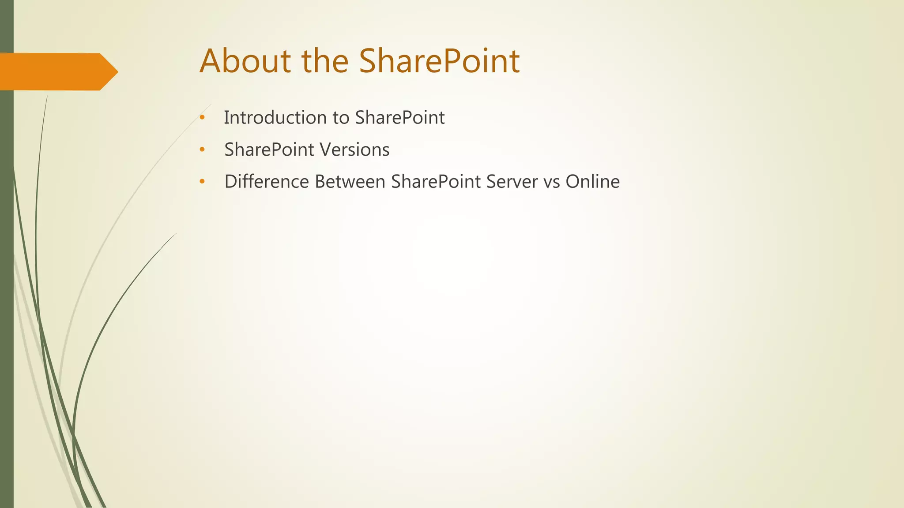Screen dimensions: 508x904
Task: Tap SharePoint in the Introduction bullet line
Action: pos(400,118)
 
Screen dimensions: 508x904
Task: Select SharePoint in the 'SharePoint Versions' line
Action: pos(269,150)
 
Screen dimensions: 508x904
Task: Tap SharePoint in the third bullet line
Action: pos(436,182)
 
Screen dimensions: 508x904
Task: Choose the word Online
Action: pos(592,182)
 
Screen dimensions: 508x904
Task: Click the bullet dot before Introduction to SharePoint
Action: pos(202,118)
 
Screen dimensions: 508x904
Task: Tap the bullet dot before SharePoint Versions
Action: pos(202,150)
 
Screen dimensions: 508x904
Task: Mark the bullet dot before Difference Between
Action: pos(202,182)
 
